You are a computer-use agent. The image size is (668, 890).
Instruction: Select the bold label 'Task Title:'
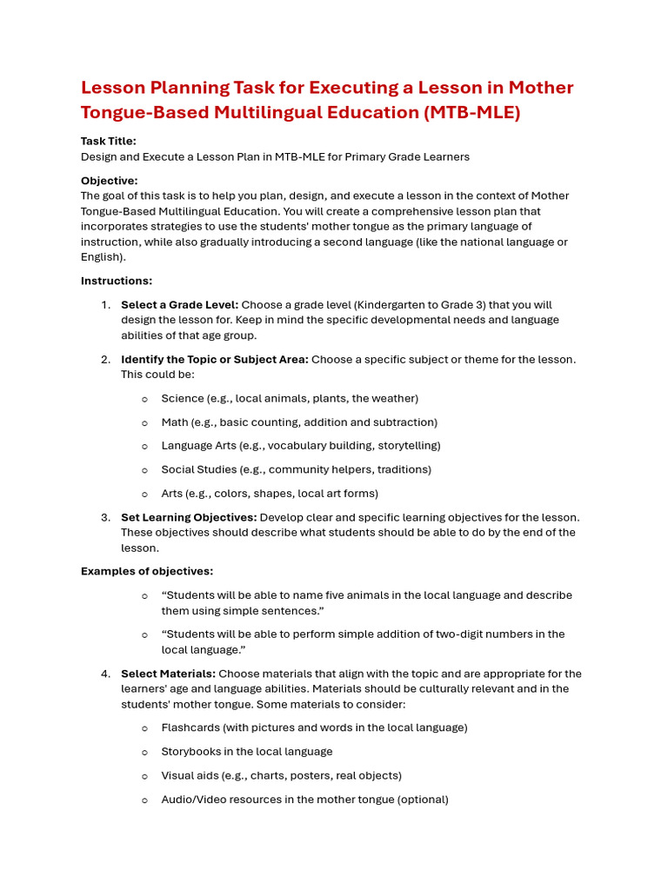pos(109,141)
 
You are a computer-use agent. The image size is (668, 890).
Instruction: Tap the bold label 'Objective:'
pos(109,180)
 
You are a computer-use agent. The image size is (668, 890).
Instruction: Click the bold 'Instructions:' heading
pos(117,281)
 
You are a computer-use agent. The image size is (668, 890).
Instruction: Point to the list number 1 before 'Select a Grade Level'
pos(104,305)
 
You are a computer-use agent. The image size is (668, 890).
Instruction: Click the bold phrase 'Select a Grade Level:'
pos(179,305)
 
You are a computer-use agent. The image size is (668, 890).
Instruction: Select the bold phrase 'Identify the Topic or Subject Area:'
pos(214,359)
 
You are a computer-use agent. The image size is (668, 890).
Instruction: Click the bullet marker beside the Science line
pos(144,399)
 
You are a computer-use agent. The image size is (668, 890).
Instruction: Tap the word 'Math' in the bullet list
pos(174,422)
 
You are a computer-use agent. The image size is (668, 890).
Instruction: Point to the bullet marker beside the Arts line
pos(144,494)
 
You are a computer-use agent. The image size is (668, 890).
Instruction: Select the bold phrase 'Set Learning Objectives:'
pos(189,517)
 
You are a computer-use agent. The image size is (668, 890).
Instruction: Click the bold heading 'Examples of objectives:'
pos(147,571)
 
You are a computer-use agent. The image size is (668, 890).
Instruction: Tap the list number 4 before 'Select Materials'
pos(104,674)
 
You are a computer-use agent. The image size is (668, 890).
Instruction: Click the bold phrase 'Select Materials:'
pos(168,674)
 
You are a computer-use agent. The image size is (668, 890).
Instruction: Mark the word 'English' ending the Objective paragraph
pos(102,257)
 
